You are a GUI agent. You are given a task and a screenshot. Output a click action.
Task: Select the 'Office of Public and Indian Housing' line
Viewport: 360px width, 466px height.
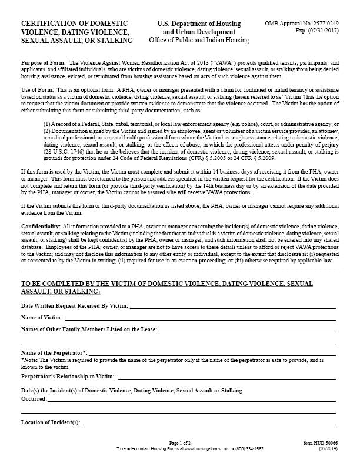[199, 40]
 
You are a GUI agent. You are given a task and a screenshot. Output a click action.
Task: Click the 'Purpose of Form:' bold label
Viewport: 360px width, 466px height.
[44, 62]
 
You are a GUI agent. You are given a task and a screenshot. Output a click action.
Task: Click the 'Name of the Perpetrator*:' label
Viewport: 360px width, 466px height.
[54, 352]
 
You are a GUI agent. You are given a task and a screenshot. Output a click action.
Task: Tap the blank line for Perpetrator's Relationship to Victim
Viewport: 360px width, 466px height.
[226, 376]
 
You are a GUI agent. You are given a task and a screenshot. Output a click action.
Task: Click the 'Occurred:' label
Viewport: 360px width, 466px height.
[34, 398]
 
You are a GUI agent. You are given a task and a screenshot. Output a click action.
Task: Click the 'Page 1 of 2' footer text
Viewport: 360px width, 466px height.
[180, 442]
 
